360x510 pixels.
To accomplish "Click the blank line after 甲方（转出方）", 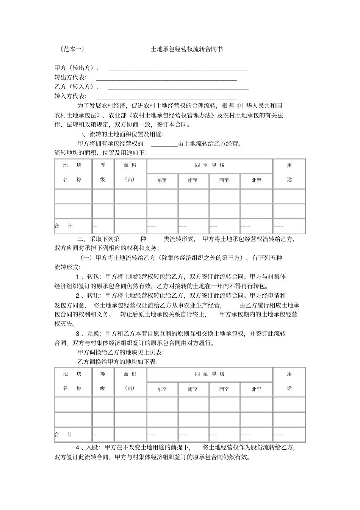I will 178,69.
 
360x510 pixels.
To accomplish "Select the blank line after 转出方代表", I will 166,78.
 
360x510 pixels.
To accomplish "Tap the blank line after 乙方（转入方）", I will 178,88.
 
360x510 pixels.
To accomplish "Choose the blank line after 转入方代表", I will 166,97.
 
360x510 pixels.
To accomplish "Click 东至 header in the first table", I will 162,180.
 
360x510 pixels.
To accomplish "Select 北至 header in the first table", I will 257,180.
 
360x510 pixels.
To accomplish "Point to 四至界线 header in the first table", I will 210,165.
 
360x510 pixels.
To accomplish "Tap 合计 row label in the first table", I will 64,226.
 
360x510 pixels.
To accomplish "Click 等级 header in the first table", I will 103,172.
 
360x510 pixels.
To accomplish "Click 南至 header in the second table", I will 193,389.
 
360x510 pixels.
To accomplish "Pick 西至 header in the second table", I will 224,389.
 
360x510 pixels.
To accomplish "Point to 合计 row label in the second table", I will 64,435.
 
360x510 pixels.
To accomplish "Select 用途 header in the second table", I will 290,381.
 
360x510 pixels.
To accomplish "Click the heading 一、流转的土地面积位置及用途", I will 121,134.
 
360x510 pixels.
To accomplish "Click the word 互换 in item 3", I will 93,334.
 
